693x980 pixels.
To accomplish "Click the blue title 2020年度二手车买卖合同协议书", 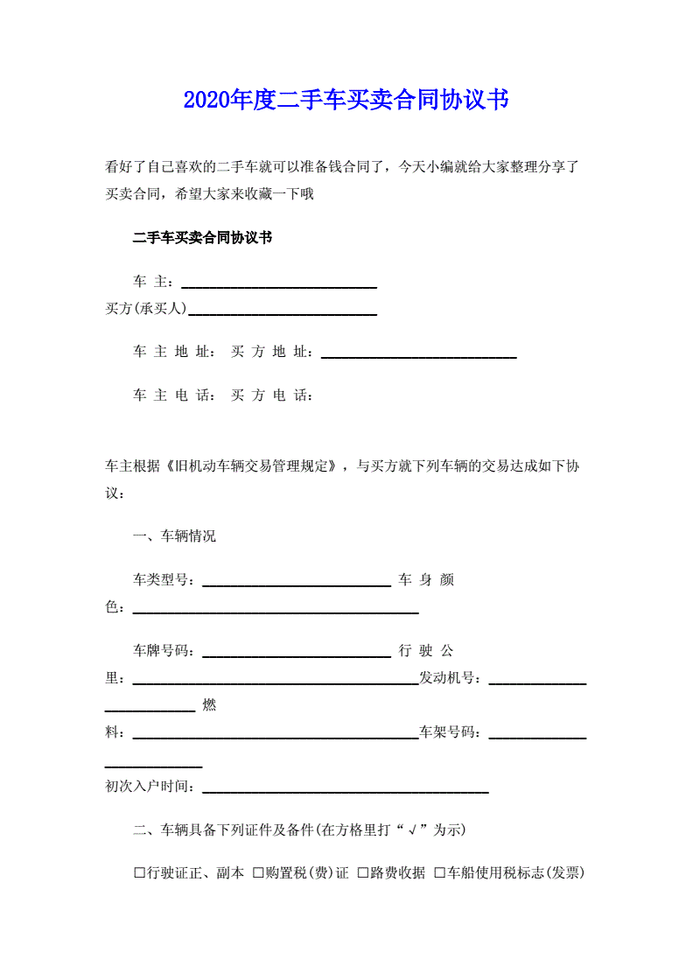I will pos(346,100).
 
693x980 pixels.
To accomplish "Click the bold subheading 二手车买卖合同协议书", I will pos(202,238).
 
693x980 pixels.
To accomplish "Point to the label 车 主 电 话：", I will pos(174,395).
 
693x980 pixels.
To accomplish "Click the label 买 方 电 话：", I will pos(272,395).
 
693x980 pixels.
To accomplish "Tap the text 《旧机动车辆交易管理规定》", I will pos(254,466).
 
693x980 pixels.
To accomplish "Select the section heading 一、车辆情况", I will pos(174,536).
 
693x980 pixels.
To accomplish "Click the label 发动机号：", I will pos(451,678).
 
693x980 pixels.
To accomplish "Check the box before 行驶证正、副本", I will pos(139,873).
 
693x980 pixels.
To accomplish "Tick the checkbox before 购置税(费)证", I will pos(258,873).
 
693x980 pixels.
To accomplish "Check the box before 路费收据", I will pos(362,873).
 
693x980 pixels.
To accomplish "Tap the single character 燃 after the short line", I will pos(209,705).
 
